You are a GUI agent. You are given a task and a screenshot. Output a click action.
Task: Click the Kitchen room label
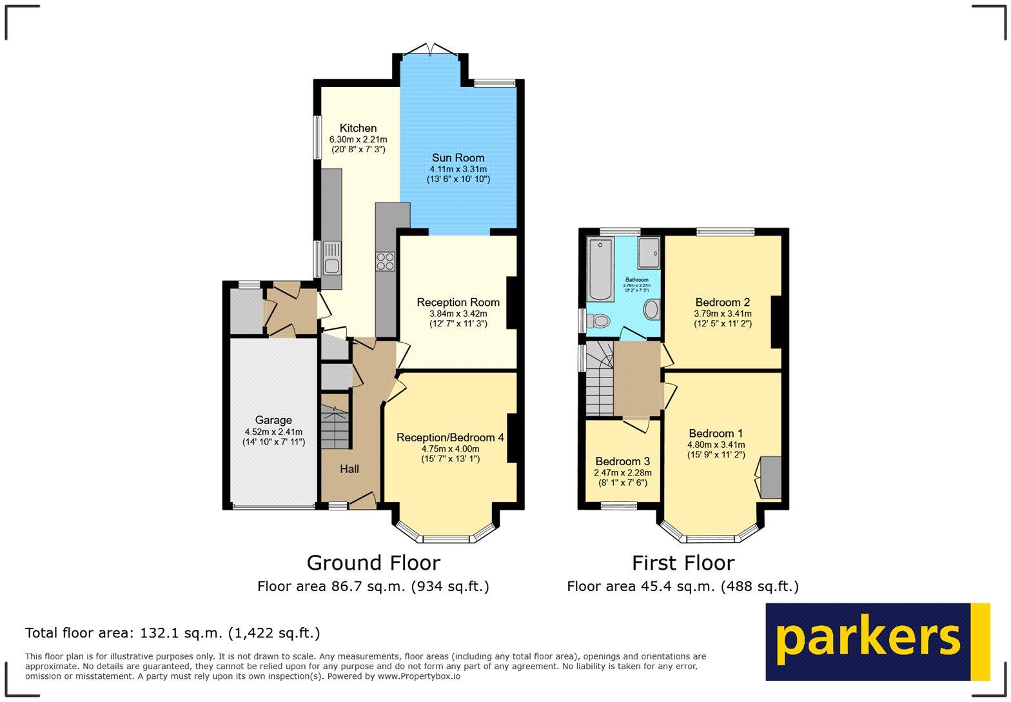point(358,128)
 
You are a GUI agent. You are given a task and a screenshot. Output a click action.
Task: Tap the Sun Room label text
point(458,158)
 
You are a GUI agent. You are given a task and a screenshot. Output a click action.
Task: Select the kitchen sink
point(332,257)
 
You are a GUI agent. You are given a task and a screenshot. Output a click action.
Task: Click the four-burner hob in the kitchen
point(386,261)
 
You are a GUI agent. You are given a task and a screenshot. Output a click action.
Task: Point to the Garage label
point(273,420)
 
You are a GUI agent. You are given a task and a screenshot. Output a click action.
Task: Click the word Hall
point(349,469)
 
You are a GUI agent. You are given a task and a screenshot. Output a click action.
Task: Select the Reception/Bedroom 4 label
point(450,437)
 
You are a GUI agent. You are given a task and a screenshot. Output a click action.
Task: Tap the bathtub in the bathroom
point(600,269)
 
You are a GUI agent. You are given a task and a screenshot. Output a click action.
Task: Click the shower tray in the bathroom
point(649,253)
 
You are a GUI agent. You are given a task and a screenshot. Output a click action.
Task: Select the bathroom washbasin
point(651,310)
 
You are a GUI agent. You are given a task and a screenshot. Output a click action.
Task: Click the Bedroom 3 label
point(622,461)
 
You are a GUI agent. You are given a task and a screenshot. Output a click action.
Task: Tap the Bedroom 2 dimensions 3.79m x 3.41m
point(722,314)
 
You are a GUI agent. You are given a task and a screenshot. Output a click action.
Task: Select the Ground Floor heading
point(373,563)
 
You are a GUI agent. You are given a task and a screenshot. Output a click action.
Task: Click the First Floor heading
point(683,563)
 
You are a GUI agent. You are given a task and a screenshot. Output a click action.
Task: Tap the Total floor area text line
point(172,633)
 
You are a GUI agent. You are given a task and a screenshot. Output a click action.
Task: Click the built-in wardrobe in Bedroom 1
point(771,477)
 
